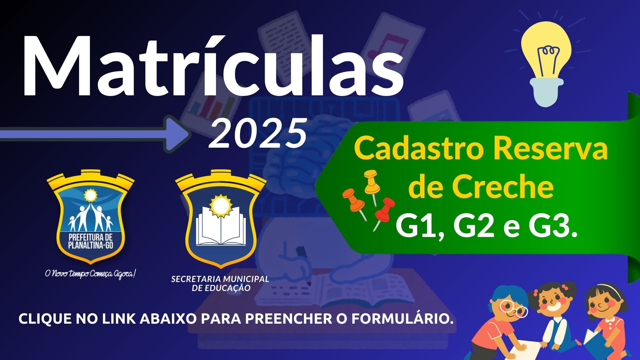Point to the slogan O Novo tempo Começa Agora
pyautogui.click(x=91, y=274)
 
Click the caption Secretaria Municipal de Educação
pyautogui.click(x=220, y=283)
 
